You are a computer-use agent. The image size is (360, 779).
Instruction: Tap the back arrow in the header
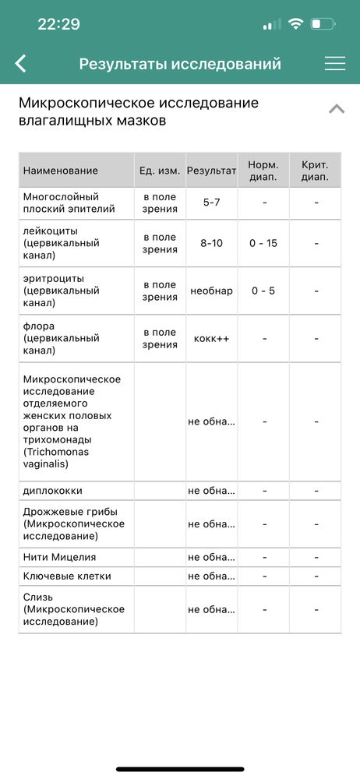pos(21,64)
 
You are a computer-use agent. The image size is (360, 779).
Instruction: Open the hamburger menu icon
pos(335,64)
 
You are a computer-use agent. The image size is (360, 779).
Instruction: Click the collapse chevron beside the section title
pos(337,109)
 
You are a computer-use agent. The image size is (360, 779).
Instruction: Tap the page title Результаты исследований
pos(180,64)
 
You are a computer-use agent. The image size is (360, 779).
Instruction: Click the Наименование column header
pos(61,171)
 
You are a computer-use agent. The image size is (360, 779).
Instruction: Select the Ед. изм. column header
pos(160,171)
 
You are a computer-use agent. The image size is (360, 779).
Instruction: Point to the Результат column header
pos(211,171)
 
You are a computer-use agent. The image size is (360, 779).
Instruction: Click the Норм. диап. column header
pos(263,171)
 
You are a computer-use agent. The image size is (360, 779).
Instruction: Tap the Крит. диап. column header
pos(315,171)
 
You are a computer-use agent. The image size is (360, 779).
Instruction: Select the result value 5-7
pos(211,203)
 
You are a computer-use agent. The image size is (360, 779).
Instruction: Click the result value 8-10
pos(211,243)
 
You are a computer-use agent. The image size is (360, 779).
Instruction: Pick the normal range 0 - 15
pos(263,243)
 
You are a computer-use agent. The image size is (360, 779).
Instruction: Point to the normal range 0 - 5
pos(263,291)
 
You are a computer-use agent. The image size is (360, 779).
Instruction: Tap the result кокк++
pos(211,338)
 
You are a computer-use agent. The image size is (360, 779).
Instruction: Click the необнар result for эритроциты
pos(211,291)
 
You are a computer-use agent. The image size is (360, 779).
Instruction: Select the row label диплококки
pos(53,492)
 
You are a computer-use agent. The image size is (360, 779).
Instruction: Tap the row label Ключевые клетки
pos(67,576)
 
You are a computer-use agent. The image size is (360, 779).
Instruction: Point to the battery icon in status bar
pos(322,24)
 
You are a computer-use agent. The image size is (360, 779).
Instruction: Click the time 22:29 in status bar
pos(58,24)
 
